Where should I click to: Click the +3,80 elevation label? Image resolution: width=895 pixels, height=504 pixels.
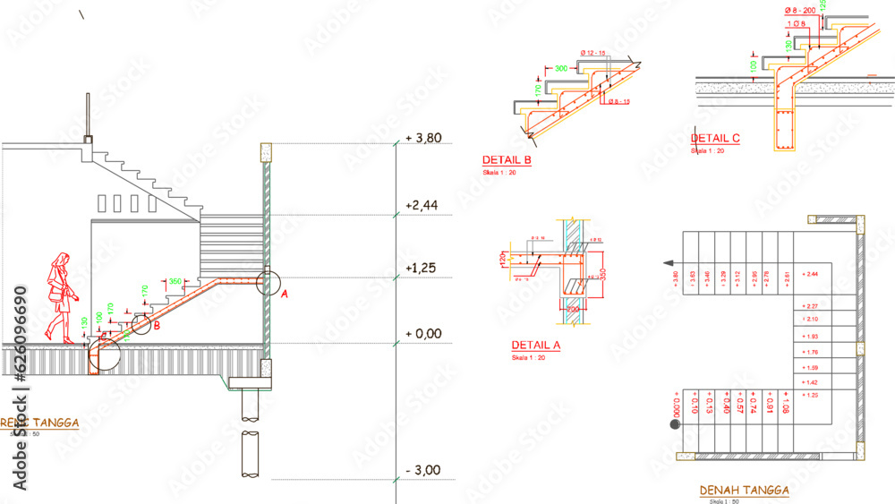coord(425,139)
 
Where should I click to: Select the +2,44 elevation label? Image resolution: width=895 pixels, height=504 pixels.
coord(422,205)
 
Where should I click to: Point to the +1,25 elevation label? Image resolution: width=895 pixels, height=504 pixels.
coord(422,268)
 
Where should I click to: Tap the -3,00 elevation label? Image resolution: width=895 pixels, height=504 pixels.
coord(422,470)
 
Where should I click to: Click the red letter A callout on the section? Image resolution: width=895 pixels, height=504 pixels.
coord(285,293)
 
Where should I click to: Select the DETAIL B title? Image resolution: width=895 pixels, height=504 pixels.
coord(507,161)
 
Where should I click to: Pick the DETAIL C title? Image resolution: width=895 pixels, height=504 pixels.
coord(715,139)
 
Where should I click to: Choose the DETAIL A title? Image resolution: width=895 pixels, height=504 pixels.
coord(536,346)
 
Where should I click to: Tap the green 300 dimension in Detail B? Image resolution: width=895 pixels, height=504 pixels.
coord(561,68)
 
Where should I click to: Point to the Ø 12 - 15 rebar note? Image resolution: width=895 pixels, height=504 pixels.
coord(593,54)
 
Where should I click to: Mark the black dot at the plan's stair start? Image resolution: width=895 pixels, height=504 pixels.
coord(675,425)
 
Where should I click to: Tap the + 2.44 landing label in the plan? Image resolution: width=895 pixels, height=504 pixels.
coord(811,274)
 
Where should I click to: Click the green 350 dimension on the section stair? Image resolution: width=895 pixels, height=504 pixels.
coord(175,281)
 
